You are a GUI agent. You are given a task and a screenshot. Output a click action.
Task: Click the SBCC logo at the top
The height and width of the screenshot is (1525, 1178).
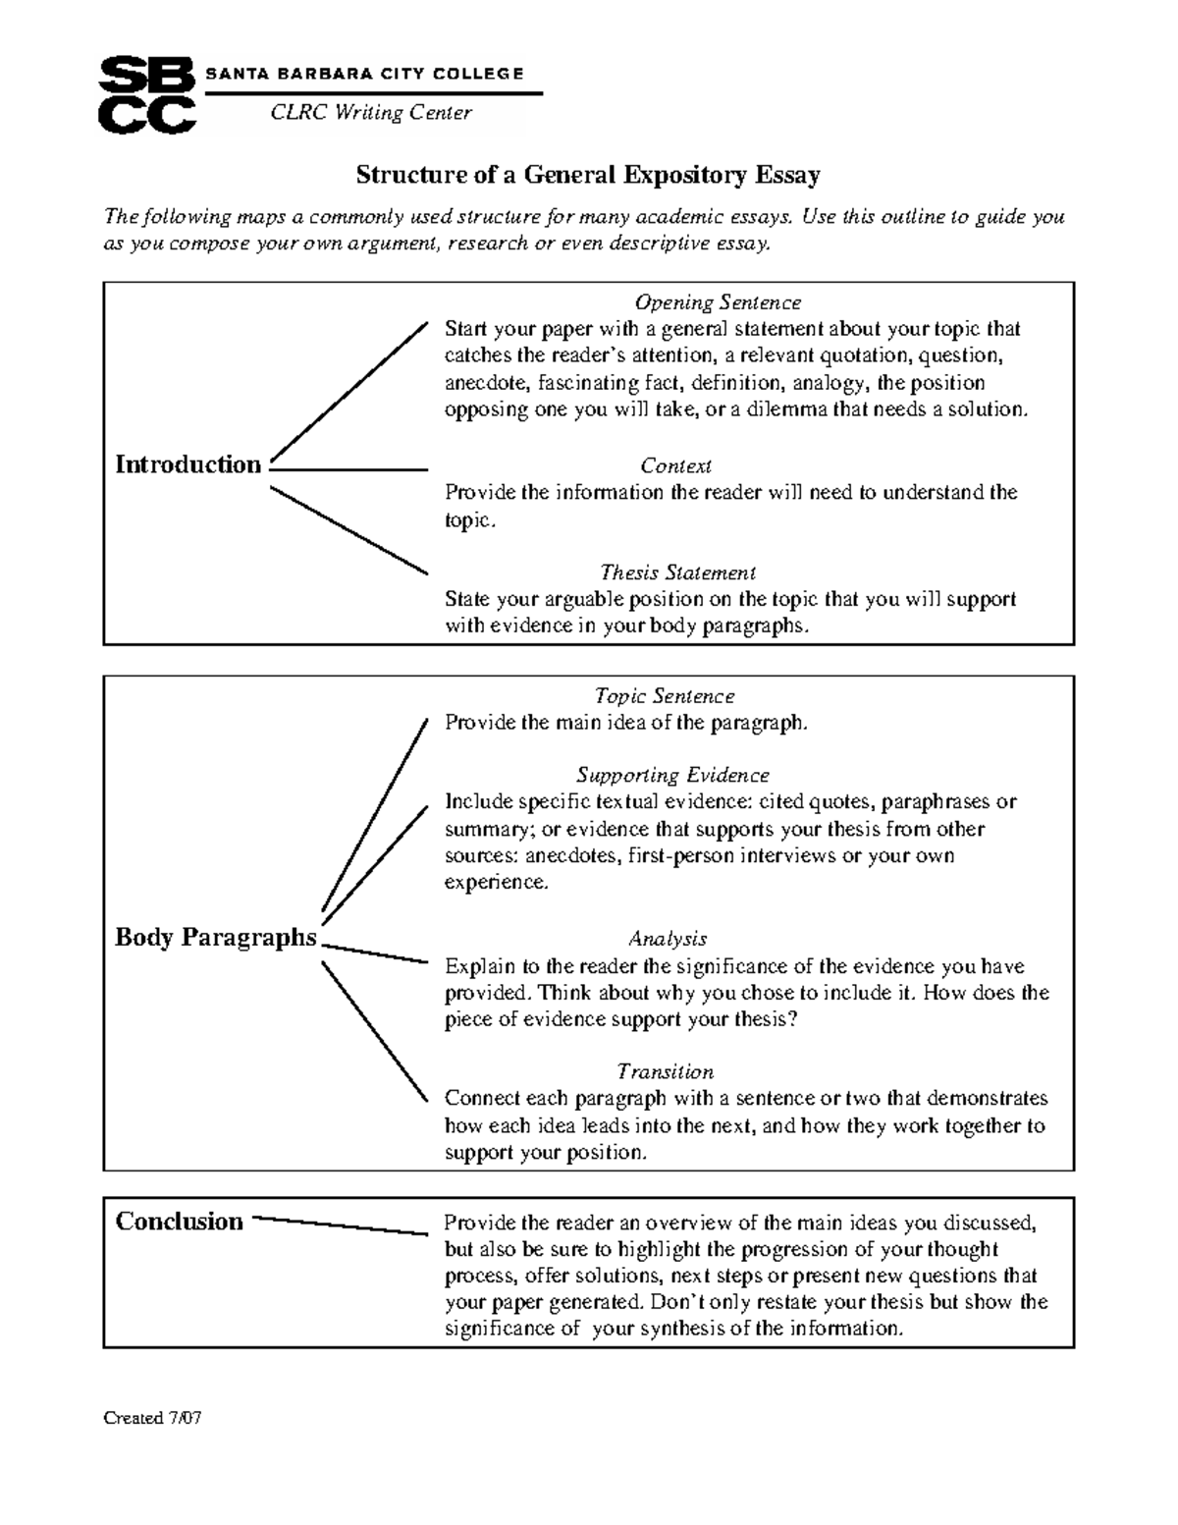(148, 94)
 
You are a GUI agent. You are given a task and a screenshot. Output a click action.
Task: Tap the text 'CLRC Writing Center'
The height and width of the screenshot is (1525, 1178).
(371, 113)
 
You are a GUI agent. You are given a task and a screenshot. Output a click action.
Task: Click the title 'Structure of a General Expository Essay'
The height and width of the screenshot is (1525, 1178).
(587, 176)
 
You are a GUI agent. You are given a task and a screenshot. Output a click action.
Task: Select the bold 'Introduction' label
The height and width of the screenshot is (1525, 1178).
(188, 464)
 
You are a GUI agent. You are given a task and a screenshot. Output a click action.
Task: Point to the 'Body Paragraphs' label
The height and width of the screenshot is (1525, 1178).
(216, 938)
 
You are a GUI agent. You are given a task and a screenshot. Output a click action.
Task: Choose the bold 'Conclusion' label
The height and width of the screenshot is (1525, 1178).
(179, 1222)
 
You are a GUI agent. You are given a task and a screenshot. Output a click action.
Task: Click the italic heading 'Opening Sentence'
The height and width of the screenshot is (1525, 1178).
(717, 302)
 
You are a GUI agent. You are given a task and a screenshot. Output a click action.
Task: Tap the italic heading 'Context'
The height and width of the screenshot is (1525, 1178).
(675, 466)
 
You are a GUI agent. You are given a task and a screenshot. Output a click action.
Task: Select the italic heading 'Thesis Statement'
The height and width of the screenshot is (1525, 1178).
(677, 572)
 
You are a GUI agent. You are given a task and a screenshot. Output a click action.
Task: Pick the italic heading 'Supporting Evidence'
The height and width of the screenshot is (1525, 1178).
(672, 776)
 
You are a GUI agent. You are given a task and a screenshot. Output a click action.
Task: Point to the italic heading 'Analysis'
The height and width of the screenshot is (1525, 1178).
(668, 940)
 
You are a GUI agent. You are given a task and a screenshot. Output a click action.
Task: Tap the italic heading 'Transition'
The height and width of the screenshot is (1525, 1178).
(665, 1071)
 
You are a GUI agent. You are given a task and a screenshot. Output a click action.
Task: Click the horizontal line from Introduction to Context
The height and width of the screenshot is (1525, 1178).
(348, 470)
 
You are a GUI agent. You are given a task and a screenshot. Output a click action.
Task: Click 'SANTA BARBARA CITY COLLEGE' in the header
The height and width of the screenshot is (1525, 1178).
(364, 74)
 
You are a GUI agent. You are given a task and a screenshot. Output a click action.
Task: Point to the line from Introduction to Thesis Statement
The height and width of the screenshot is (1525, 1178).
(348, 530)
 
